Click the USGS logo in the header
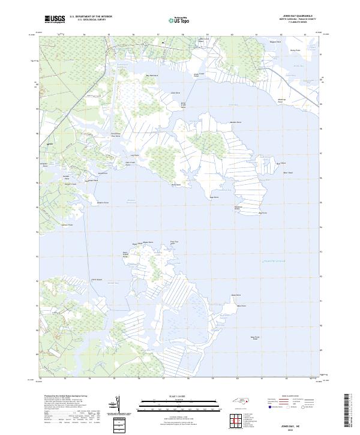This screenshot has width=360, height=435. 55,19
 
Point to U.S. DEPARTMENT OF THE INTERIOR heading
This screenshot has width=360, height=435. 91,16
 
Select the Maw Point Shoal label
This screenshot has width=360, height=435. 254,338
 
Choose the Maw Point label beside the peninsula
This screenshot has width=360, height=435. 241,306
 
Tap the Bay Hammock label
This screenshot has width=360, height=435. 152,75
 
